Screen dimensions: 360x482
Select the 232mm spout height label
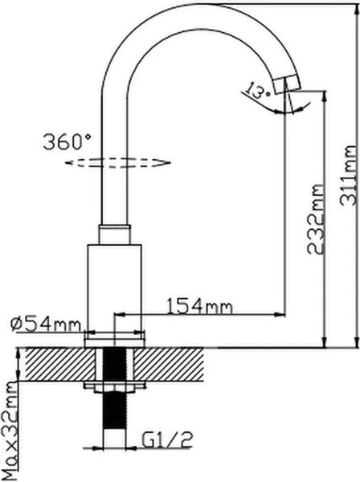coord(315,219)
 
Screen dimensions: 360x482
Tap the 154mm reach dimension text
coord(199,305)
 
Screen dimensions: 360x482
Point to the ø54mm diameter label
coord(46,324)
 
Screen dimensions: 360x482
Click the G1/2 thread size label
coord(167,439)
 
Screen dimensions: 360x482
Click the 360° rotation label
coord(67,141)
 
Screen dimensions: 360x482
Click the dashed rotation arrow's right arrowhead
coord(164,161)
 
